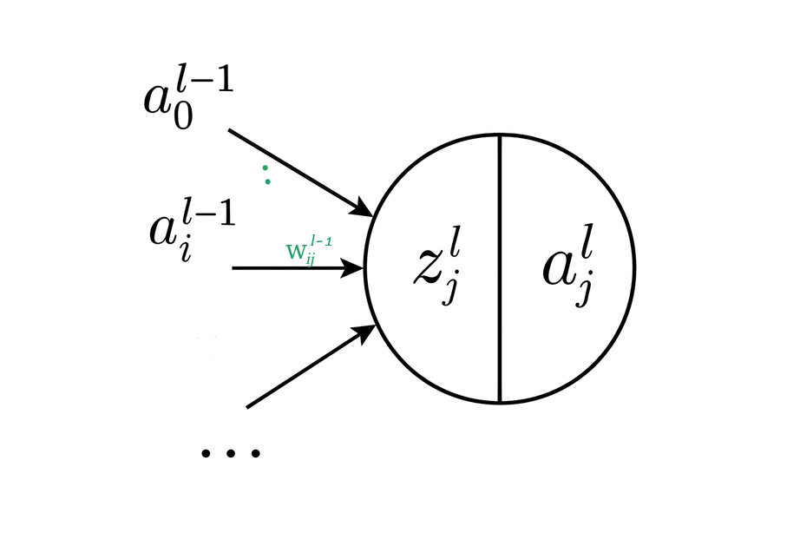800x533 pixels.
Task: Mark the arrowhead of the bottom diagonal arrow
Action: pyautogui.click(x=366, y=331)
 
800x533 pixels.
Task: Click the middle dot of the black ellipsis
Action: pyautogui.click(x=231, y=452)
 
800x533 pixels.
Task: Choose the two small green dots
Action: pyautogui.click(x=266, y=174)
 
